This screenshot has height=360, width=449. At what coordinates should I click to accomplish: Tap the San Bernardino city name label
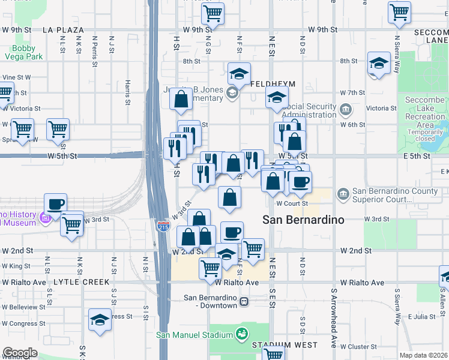(304, 220)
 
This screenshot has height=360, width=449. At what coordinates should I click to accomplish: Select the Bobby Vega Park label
(28, 52)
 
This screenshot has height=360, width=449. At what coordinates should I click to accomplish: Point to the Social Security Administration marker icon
(346, 109)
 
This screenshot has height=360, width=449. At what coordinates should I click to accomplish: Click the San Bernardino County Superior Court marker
(343, 194)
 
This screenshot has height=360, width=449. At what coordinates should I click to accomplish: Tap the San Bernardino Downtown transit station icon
(244, 301)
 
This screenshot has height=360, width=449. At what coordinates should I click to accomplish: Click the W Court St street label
(292, 203)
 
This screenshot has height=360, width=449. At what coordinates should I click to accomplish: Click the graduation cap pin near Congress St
(100, 321)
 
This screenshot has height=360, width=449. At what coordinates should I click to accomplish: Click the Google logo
(20, 353)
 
